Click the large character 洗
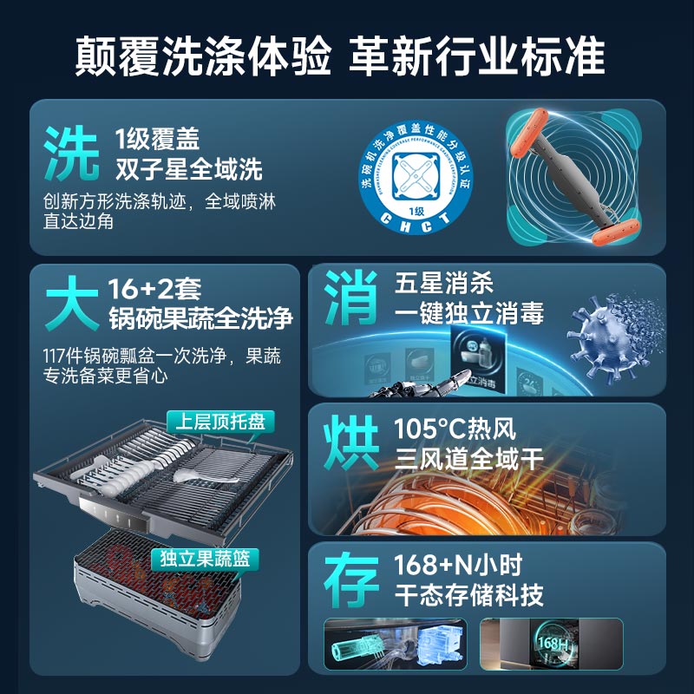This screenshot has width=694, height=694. point(71,153)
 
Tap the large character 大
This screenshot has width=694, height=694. point(71,304)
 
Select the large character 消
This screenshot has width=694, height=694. point(351,298)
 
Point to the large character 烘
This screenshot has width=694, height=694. point(351,443)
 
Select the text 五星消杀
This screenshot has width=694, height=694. point(443,283)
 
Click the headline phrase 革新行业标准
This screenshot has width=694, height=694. point(476,56)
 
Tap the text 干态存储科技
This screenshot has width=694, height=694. point(468,596)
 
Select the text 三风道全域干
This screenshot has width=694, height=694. point(468,459)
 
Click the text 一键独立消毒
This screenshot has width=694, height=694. point(468,312)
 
